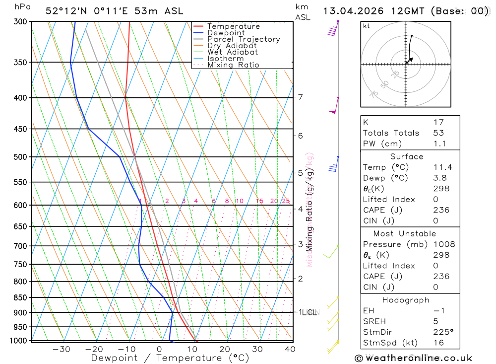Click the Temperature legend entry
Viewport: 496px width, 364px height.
[x=233, y=26]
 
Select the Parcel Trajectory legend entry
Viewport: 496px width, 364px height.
[x=243, y=39]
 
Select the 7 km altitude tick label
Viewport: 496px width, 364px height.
[x=301, y=97]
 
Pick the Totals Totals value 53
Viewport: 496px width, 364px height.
[x=438, y=133]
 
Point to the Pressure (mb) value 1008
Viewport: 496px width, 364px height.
[x=443, y=244]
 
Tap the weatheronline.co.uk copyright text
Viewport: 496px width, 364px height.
[x=413, y=358]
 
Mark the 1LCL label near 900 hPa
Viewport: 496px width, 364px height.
[x=308, y=312]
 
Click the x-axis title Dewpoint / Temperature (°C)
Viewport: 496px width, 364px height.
[x=170, y=358]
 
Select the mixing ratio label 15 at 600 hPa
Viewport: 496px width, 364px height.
[x=259, y=201]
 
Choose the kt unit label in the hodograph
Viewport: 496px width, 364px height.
[x=366, y=26]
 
